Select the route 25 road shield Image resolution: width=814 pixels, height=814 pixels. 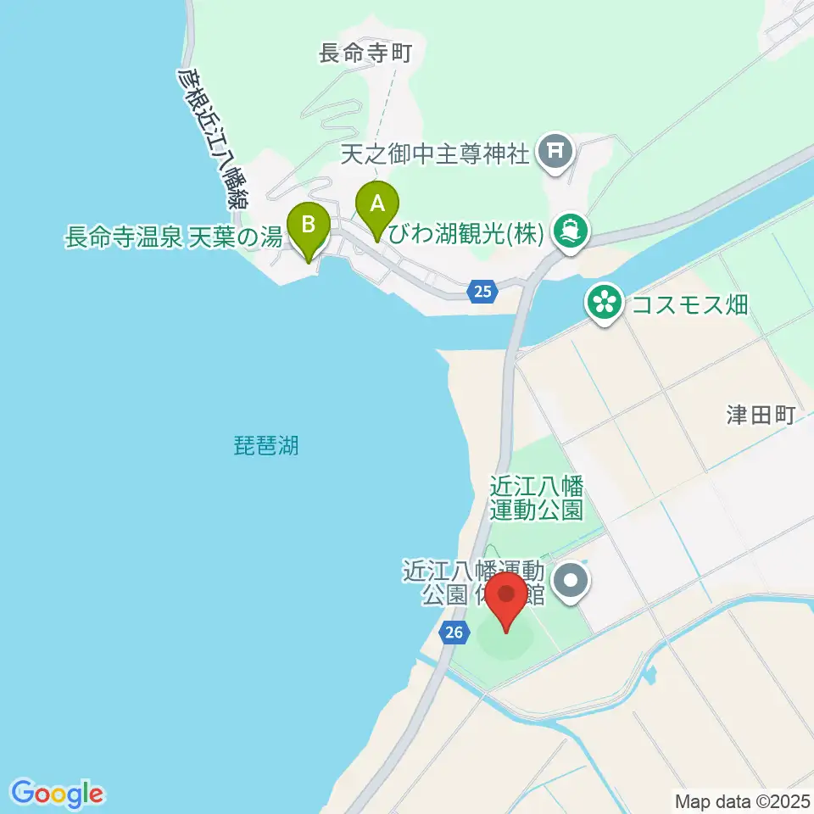(482, 292)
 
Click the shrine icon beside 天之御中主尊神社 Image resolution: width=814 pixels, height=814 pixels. (556, 153)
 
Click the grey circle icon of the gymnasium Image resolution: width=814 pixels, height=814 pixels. (569, 581)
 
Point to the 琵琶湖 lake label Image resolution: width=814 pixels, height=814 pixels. (266, 444)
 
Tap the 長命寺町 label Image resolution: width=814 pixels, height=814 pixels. (365, 54)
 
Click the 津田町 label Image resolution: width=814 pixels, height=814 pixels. (760, 415)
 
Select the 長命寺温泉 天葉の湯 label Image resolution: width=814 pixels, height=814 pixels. (173, 237)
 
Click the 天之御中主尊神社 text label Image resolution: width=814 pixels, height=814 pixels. (436, 154)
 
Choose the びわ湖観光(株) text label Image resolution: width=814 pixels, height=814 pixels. (464, 233)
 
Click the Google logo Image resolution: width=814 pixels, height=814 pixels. (58, 794)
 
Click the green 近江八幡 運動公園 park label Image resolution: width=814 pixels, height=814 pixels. (537, 498)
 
